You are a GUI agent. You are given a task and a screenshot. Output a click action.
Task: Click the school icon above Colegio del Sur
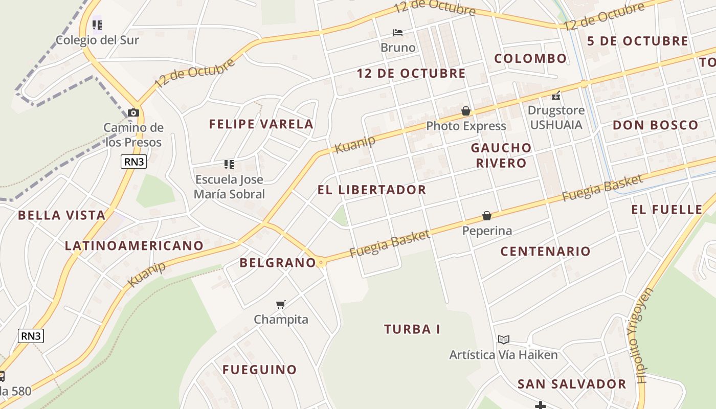(x=97, y=25)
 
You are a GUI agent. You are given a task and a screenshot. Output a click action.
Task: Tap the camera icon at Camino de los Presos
(x=133, y=112)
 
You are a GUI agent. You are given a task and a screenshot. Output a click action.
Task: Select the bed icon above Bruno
(x=398, y=33)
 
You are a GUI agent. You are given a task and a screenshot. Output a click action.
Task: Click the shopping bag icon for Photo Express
(x=466, y=111)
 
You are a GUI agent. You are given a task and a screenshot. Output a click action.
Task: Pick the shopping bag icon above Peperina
(x=486, y=216)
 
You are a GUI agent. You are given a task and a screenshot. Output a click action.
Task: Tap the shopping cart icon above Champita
(x=280, y=305)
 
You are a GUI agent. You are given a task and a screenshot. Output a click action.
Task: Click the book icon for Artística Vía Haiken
(x=504, y=339)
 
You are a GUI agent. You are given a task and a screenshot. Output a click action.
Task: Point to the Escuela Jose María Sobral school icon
(x=229, y=165)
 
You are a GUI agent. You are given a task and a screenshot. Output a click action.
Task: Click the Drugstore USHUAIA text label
(x=556, y=118)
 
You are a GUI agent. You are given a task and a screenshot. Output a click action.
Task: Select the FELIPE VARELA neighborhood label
(x=261, y=124)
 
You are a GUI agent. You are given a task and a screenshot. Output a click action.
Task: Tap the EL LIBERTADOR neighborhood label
(x=372, y=190)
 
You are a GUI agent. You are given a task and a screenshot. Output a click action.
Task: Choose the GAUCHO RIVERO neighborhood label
(x=501, y=155)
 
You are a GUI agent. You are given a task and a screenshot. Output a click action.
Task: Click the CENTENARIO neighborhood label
(x=545, y=251)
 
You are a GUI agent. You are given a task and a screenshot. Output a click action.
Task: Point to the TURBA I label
(x=412, y=329)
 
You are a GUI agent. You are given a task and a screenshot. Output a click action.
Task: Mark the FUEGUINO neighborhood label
(x=259, y=370)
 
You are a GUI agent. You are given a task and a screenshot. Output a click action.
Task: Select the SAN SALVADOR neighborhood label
(x=571, y=384)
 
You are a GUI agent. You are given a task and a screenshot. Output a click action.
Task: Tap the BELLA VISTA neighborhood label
(x=61, y=215)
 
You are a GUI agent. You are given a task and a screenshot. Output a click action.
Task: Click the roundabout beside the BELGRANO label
(x=321, y=262)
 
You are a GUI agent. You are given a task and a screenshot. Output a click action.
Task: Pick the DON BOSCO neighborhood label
(x=655, y=125)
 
